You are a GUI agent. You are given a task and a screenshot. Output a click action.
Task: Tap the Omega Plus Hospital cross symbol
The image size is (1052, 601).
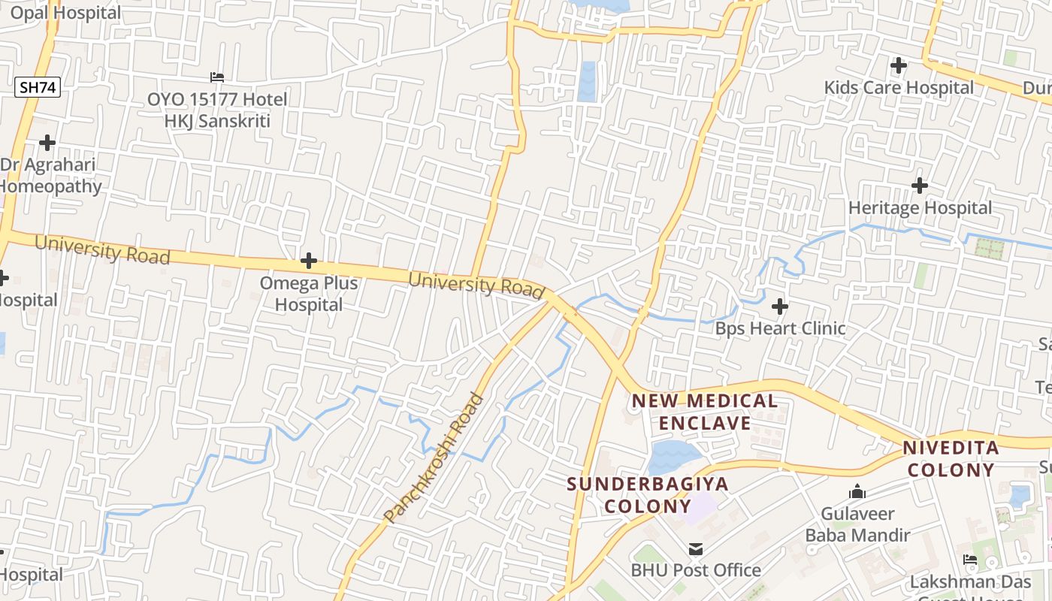(x=308, y=261)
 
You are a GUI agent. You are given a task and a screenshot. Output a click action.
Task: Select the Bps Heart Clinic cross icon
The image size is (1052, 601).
(x=780, y=307)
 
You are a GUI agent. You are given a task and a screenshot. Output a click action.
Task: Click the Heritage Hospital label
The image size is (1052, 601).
(x=920, y=208)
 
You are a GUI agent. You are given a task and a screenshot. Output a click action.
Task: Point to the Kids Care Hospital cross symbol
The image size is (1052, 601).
(x=898, y=65)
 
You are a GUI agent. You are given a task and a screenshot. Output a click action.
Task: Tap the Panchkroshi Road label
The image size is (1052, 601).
(x=434, y=457)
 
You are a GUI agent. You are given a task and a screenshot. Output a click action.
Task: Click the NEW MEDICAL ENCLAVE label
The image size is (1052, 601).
(x=705, y=412)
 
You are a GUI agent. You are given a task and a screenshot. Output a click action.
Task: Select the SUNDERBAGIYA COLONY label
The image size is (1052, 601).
(x=647, y=494)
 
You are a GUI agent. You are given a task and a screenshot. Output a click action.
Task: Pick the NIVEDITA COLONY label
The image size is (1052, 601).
(x=951, y=459)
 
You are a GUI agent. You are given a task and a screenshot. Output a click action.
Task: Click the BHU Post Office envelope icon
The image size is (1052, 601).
(x=696, y=549)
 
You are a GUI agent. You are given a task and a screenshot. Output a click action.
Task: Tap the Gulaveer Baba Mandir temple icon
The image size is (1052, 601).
(x=857, y=493)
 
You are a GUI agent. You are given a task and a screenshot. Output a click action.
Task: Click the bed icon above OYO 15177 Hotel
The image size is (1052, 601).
(x=216, y=77)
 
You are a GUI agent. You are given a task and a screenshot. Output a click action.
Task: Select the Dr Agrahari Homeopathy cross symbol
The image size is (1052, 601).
(x=47, y=143)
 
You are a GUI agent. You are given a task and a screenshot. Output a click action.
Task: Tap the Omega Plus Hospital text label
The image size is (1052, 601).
(x=309, y=294)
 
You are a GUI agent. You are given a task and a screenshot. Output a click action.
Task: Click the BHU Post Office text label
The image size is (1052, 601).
(x=696, y=570)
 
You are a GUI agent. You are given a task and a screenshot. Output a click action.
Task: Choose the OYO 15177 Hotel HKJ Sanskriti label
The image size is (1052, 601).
(x=217, y=110)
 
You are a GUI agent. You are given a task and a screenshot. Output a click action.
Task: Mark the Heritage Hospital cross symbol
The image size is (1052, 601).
(x=919, y=185)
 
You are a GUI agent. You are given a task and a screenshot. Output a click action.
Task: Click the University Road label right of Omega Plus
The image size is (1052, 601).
(x=476, y=284)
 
